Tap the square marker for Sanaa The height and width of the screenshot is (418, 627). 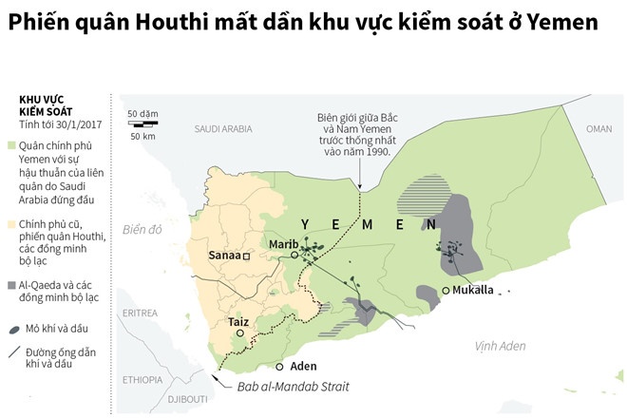[246, 256]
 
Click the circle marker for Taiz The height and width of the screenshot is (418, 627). [240, 334]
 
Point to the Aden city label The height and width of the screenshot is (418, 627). [303, 366]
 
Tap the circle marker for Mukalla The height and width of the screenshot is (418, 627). [446, 291]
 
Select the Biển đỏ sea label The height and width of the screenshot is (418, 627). [142, 230]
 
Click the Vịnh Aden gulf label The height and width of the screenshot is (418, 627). [500, 347]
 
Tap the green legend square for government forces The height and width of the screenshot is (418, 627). [10, 145]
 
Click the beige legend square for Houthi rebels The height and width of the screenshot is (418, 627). [10, 224]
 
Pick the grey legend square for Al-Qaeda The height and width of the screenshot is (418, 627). [10, 284]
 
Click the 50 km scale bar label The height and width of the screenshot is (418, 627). [142, 136]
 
